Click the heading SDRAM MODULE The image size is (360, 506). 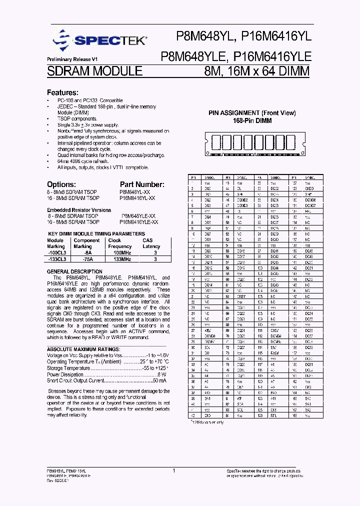94,71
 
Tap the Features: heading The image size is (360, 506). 62,93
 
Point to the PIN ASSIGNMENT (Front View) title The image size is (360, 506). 252,113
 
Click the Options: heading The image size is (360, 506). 62,184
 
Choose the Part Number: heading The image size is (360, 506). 142,184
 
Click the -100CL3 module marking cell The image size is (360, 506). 56,253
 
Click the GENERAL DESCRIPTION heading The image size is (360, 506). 74,271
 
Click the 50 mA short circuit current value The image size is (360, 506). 158,380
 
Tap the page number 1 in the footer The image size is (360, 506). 173,470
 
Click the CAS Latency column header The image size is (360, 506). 151,243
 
